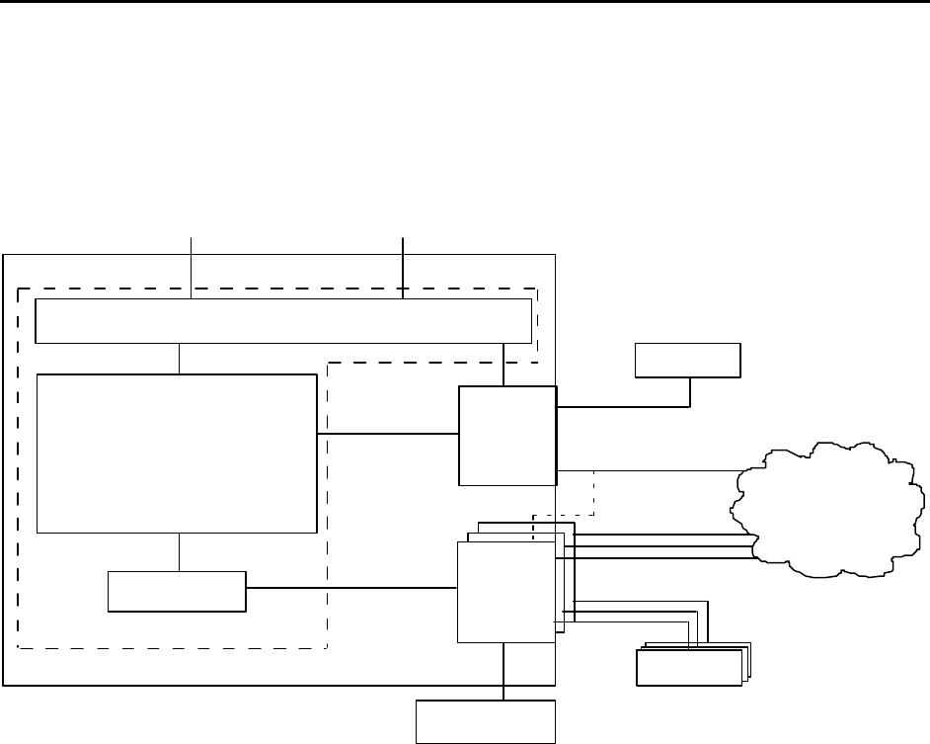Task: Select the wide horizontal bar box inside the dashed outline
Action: pyautogui.click(x=282, y=319)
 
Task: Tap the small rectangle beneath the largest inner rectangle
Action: pyautogui.click(x=177, y=591)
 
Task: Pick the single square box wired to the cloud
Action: pyautogui.click(x=507, y=435)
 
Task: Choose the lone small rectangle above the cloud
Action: pyautogui.click(x=687, y=361)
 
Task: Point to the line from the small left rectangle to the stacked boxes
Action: pyautogui.click(x=350, y=589)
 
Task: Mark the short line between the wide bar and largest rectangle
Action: pyautogui.click(x=179, y=358)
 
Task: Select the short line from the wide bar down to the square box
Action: pyautogui.click(x=504, y=364)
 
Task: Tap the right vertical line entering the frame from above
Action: pyautogui.click(x=404, y=265)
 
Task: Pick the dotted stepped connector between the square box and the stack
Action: pyautogui.click(x=593, y=494)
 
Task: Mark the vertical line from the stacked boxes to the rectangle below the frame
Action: pyautogui.click(x=504, y=672)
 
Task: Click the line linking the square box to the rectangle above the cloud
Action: pyautogui.click(x=622, y=406)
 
